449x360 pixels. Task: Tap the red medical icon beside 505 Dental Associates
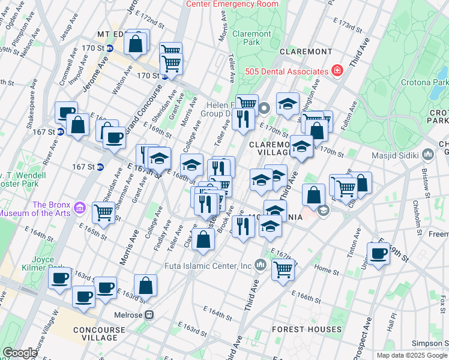point(337,71)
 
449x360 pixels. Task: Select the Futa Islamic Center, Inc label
point(208,265)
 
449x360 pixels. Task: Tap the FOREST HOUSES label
point(307,329)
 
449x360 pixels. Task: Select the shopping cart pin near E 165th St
point(104,212)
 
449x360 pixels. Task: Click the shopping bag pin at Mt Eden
point(136,43)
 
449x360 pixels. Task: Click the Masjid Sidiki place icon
point(428,155)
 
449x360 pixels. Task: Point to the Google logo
point(20,353)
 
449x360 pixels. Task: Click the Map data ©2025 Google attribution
point(412,355)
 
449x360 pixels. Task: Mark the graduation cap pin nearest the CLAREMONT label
point(288,103)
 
